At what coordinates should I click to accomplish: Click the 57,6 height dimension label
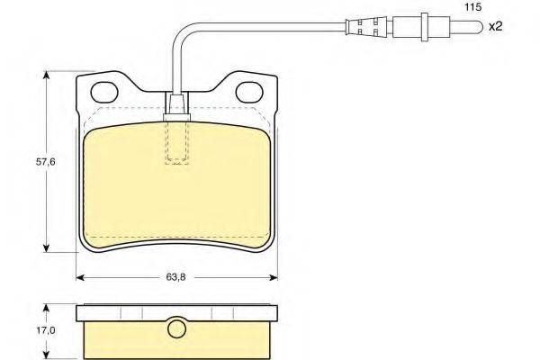point(46,162)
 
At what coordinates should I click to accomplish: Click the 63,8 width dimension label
point(176,277)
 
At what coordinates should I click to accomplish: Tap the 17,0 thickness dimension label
point(46,330)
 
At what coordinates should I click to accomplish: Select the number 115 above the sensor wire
point(473,7)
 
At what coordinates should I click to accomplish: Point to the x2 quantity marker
point(496,26)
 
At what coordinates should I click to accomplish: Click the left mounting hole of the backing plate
point(104,93)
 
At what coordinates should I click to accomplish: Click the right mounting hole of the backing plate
point(249,93)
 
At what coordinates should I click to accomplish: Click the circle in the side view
point(176,328)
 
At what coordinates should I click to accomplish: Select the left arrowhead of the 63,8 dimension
point(80,277)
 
